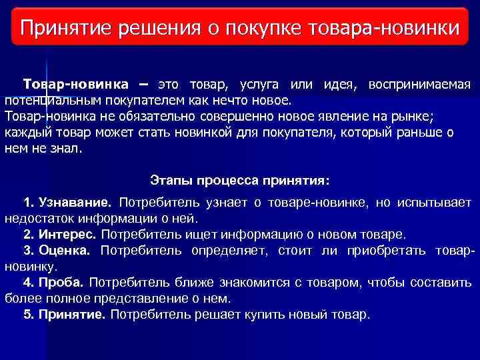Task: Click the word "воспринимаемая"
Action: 419,85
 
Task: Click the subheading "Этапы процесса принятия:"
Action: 240,181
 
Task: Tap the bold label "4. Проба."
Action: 54,282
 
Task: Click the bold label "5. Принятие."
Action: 64,314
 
